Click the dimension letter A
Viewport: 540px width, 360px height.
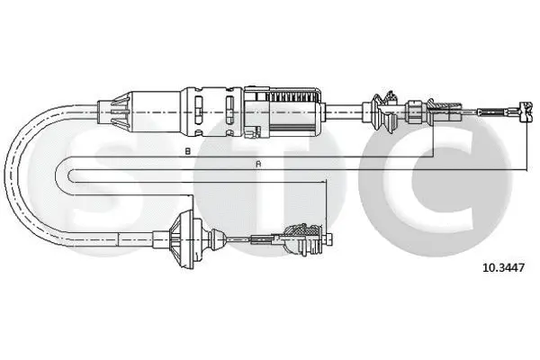click(x=259, y=164)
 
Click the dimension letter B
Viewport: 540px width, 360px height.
click(x=187, y=151)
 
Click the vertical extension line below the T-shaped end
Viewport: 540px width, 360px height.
click(x=523, y=144)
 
